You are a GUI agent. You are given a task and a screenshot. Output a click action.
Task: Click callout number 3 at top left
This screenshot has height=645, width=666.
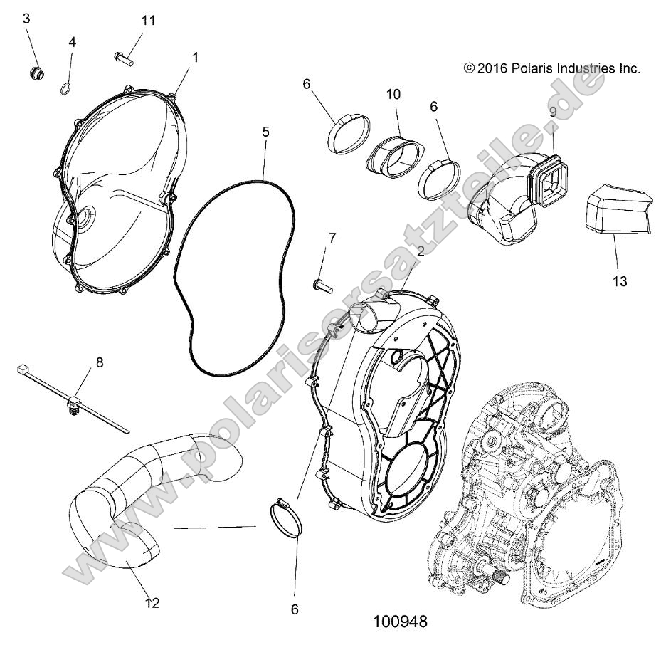point(27,19)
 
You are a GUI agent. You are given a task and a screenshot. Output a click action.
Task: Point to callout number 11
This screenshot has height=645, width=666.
point(148,21)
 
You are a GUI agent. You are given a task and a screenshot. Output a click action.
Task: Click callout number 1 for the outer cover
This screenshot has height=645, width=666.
point(196,56)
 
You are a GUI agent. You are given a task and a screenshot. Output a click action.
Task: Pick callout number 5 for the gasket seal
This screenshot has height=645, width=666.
point(265,132)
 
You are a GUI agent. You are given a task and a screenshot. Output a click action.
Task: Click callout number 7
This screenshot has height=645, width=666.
point(332,237)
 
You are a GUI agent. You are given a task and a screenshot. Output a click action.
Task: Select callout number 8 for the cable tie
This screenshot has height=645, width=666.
point(99,362)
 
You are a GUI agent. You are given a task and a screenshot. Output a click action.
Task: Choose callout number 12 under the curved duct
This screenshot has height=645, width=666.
point(152,603)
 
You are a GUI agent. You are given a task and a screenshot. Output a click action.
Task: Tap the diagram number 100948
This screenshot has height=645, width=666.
point(399,622)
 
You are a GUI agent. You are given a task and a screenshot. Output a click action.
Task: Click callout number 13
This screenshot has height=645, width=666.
point(619,281)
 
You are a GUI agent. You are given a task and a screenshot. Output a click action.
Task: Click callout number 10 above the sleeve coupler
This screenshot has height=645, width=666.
point(393,95)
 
